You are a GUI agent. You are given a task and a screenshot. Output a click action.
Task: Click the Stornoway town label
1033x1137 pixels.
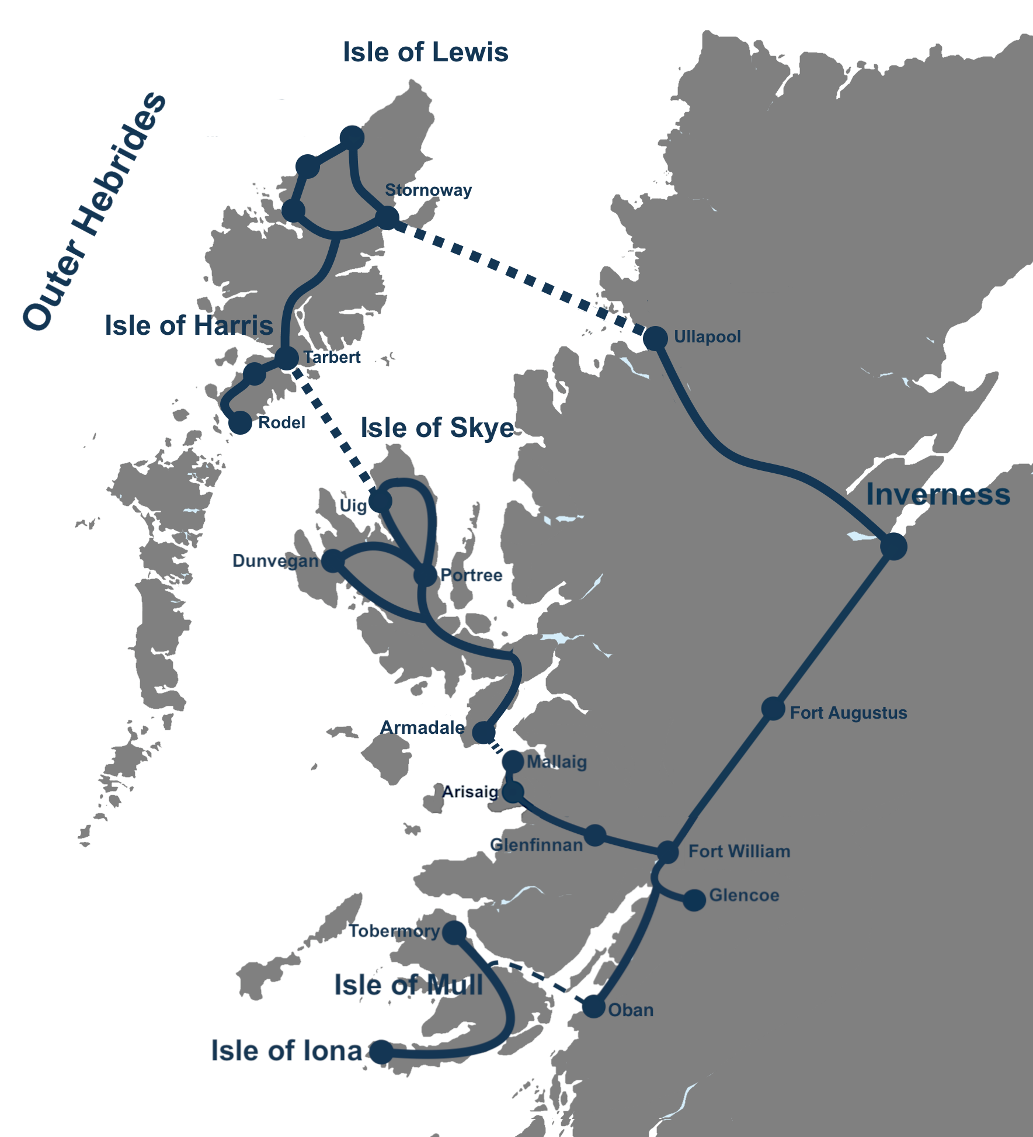[x=428, y=190]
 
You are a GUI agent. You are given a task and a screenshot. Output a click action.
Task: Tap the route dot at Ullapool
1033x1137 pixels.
[x=655, y=338]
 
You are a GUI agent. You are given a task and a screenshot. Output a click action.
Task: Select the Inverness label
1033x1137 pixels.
[x=938, y=495]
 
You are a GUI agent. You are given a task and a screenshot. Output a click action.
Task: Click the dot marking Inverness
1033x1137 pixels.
[x=893, y=546]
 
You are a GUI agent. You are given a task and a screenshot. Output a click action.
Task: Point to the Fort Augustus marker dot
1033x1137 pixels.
[x=773, y=709]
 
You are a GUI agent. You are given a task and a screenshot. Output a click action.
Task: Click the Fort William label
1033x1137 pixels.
[x=739, y=851]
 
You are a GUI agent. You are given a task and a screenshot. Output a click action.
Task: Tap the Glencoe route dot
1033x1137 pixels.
[x=694, y=900]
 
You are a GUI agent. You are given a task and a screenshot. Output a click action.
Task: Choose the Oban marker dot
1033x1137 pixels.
[x=594, y=1007]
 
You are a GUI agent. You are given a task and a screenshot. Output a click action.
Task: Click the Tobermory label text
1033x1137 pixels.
[x=394, y=931]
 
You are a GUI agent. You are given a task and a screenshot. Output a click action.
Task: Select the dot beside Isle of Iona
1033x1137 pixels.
[x=381, y=1052]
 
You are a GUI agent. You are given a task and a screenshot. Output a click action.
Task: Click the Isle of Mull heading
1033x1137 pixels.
[x=408, y=986]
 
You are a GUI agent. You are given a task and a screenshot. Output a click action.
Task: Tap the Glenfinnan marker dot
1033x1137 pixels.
[x=595, y=835]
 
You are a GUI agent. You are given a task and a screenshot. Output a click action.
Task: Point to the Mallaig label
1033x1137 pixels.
[x=557, y=762]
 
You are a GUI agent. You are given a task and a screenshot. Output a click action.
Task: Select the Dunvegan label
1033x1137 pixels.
[x=276, y=561]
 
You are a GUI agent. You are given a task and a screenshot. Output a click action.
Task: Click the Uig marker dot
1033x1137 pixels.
[x=380, y=501]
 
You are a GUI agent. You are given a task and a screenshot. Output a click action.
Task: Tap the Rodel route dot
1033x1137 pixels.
[x=240, y=422]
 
